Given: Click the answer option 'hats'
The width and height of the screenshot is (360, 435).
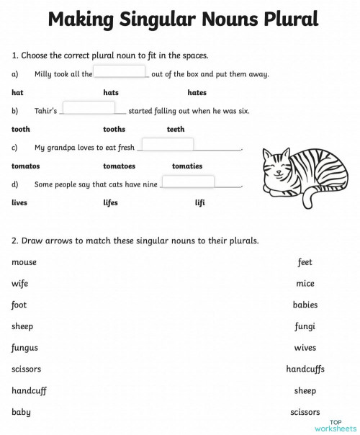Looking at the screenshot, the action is pos(111,92).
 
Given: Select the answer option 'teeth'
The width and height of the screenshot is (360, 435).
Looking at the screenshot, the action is pos(176,129).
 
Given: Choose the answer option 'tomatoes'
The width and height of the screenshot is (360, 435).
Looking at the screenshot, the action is pos(120,166).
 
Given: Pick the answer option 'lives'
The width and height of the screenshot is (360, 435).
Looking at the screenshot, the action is pos(19,202).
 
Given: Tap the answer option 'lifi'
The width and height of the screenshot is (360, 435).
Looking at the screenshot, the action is pos(200,202).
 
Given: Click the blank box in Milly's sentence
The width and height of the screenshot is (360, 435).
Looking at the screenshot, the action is pos(120,71).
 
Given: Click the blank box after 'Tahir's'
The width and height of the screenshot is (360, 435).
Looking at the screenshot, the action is pos(89,108).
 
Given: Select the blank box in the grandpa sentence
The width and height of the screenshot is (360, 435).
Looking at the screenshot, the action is pos(166,145).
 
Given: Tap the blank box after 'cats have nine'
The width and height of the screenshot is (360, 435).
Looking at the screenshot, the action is pos(187,181).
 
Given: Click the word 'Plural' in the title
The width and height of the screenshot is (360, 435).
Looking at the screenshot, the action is pos(285,19).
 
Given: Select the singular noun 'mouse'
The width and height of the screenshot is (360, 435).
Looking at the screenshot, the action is pos(24,262).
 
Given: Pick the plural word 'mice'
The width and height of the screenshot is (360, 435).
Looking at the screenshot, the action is pos(305,284).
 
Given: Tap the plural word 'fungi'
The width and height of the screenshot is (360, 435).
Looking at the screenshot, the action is pos(305,326).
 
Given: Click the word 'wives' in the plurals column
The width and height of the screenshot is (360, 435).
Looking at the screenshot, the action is pos(305,348).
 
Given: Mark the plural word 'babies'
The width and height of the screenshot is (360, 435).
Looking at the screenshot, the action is pos(305,305).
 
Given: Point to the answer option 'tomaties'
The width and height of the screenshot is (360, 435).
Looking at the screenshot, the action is pos(187,166).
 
